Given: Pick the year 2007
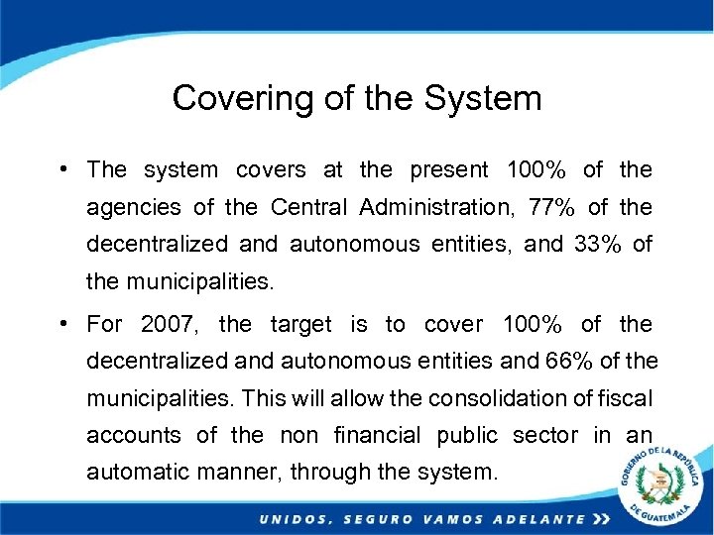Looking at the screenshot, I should (169, 324).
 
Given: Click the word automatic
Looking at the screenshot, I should (135, 473).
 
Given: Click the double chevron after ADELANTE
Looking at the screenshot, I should (600, 519).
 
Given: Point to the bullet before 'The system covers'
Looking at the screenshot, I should (62, 169).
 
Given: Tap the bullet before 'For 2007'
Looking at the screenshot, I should (62, 324).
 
